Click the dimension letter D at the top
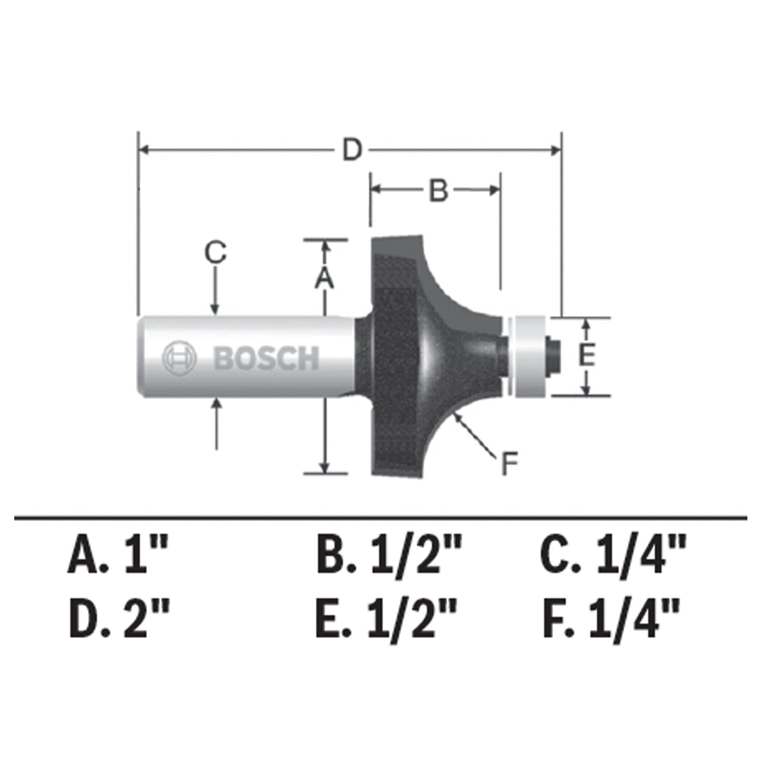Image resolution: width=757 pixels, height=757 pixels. point(353,150)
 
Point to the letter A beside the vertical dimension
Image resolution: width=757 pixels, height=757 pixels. point(324,278)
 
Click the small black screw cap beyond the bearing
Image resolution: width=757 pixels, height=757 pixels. point(553,356)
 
